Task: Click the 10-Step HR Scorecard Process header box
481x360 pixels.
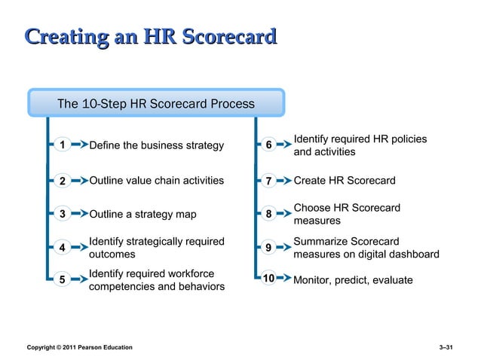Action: click(x=156, y=104)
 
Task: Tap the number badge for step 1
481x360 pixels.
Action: click(x=63, y=145)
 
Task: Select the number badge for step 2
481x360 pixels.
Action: click(x=63, y=181)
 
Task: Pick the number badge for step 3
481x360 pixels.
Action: click(x=63, y=214)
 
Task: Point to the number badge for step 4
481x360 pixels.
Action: click(x=63, y=248)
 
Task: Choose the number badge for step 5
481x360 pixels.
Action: click(x=63, y=280)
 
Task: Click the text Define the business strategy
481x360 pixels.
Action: click(x=156, y=145)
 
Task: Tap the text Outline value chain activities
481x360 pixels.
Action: click(x=156, y=181)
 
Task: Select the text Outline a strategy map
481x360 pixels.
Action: click(x=142, y=215)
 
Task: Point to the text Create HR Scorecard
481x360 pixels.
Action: click(x=345, y=181)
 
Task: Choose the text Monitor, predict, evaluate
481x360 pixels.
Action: click(x=353, y=280)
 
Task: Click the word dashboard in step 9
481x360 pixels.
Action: click(x=413, y=255)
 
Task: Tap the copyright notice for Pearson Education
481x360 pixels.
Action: click(x=79, y=346)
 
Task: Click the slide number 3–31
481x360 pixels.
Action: click(x=445, y=346)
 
